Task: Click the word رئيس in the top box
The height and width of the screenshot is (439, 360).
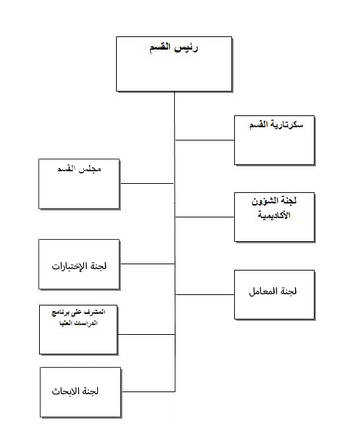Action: [187, 48]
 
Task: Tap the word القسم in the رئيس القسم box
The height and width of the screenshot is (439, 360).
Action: [160, 48]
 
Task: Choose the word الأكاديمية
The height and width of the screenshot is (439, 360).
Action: [274, 215]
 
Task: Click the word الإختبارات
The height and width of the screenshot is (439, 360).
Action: [71, 266]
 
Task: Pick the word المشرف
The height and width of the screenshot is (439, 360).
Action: [96, 312]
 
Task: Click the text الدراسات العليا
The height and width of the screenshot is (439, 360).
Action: [78, 323]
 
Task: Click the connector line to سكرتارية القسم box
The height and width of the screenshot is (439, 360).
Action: [205, 140]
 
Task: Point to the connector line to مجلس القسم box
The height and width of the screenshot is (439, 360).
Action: [147, 183]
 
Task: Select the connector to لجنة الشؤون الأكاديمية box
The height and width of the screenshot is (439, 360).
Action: [205, 217]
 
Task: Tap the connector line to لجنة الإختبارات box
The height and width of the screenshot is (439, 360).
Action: [147, 264]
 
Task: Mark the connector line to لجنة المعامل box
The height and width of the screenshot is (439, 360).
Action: [205, 294]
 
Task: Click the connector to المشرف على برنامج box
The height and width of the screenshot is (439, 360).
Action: [146, 334]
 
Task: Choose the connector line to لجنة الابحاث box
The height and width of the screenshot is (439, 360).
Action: [149, 391]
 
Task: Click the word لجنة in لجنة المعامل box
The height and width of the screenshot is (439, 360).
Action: [287, 292]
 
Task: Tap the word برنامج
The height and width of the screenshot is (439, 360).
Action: [60, 312]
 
